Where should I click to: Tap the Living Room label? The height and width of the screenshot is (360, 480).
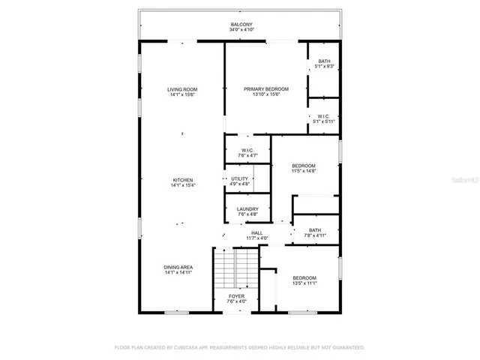point(181,89)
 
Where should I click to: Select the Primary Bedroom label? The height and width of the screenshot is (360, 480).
point(265,89)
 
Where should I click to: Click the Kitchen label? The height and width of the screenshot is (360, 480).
point(183,180)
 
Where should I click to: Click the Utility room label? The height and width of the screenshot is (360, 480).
point(239,178)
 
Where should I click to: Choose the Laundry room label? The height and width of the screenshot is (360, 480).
point(247,209)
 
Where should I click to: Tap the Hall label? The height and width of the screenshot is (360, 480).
point(256,233)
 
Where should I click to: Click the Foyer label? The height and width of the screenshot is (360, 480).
point(236,296)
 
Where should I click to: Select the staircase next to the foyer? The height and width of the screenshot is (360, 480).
point(235,268)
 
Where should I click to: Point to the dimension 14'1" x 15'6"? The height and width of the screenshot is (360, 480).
point(181,94)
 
